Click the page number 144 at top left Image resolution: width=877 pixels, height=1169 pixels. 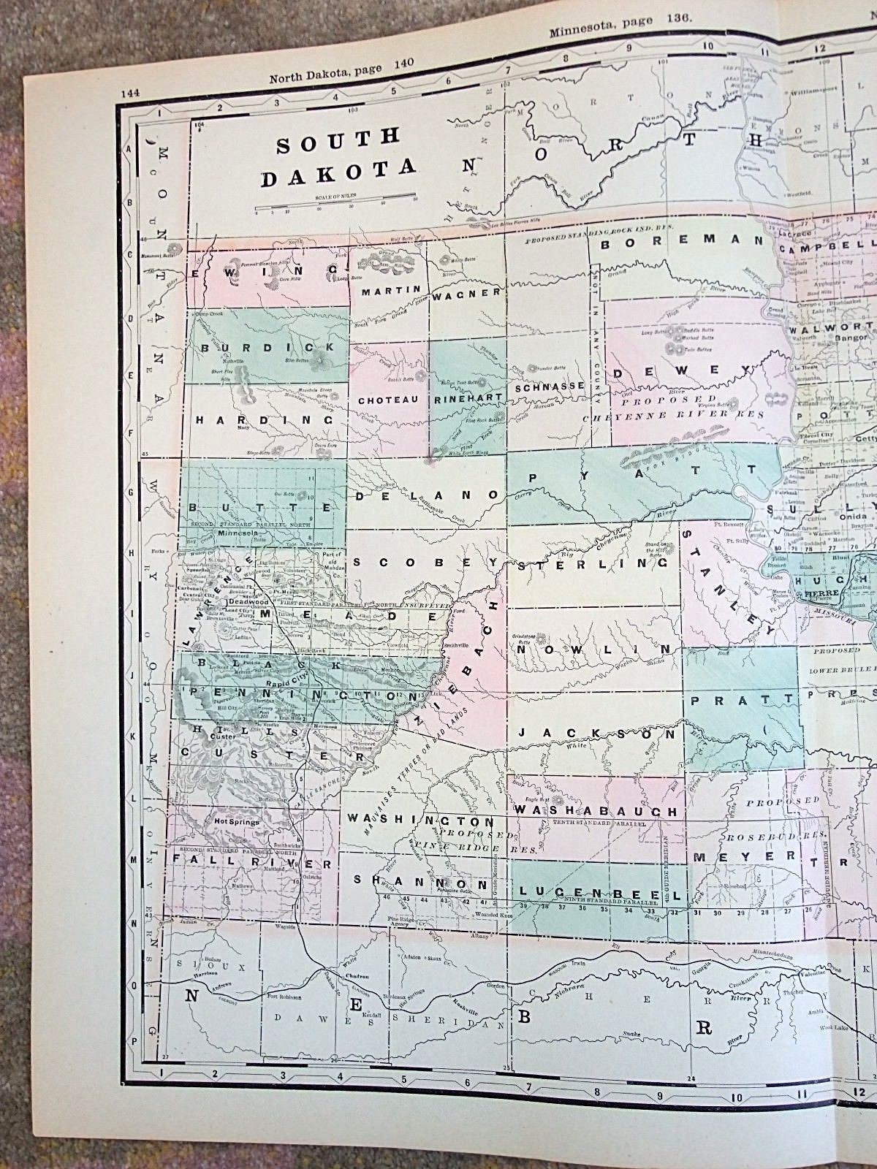[132, 93]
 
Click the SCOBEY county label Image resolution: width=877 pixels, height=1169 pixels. [425, 563]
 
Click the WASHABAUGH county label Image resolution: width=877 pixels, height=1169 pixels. [597, 810]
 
